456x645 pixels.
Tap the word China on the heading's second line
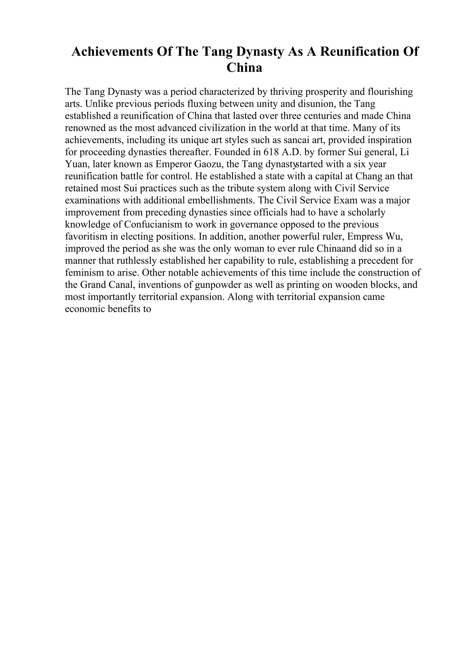[244, 68]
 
